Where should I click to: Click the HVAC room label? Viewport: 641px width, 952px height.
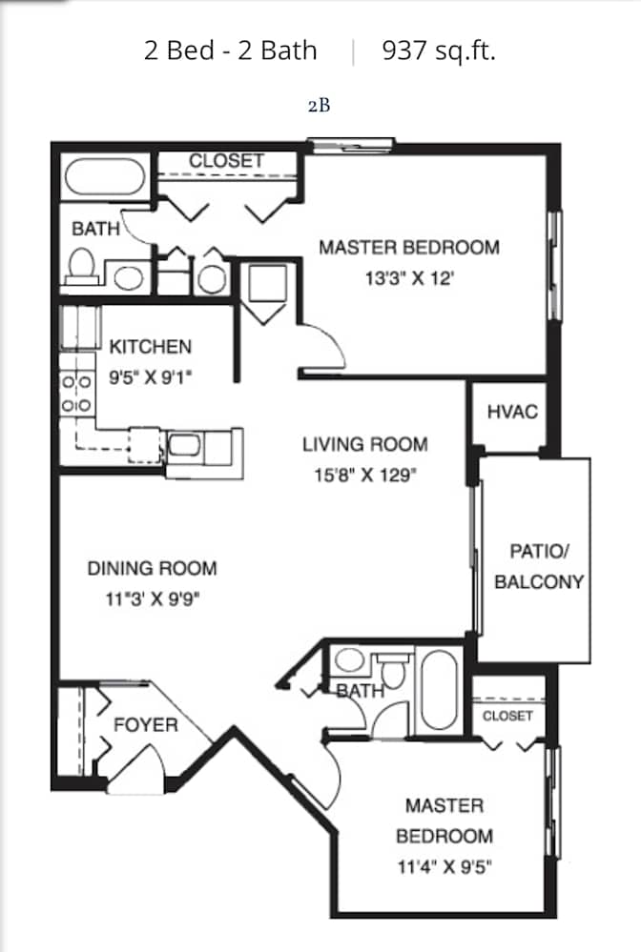pyautogui.click(x=512, y=413)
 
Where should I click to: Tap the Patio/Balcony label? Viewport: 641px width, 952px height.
pyautogui.click(x=539, y=566)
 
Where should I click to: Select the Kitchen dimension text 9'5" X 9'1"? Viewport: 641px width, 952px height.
pyautogui.click(x=150, y=377)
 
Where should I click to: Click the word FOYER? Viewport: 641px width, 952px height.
pyautogui.click(x=146, y=725)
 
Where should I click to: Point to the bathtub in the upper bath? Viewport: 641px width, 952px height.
pyautogui.click(x=105, y=176)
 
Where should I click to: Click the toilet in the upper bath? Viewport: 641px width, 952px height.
pyautogui.click(x=82, y=266)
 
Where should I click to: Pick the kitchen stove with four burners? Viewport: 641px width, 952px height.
pyautogui.click(x=76, y=394)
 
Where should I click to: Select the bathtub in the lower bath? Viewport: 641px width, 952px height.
pyautogui.click(x=440, y=690)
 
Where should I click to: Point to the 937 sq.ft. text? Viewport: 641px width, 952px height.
pyautogui.click(x=439, y=51)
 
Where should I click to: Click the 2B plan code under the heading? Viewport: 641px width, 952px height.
pyautogui.click(x=319, y=106)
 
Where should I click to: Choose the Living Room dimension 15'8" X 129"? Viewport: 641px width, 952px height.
pyautogui.click(x=365, y=475)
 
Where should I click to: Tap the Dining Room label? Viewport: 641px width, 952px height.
pyautogui.click(x=152, y=568)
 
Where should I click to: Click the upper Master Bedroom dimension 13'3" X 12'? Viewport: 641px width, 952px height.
pyautogui.click(x=409, y=278)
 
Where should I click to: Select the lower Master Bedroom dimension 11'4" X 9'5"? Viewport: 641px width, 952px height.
pyautogui.click(x=445, y=866)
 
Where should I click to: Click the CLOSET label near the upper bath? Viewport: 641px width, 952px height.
pyautogui.click(x=226, y=161)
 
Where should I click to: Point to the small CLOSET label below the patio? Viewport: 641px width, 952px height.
pyautogui.click(x=507, y=716)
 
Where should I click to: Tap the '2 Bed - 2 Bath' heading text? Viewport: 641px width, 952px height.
pyautogui.click(x=230, y=51)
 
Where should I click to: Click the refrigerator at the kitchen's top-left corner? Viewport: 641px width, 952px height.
pyautogui.click(x=80, y=328)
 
